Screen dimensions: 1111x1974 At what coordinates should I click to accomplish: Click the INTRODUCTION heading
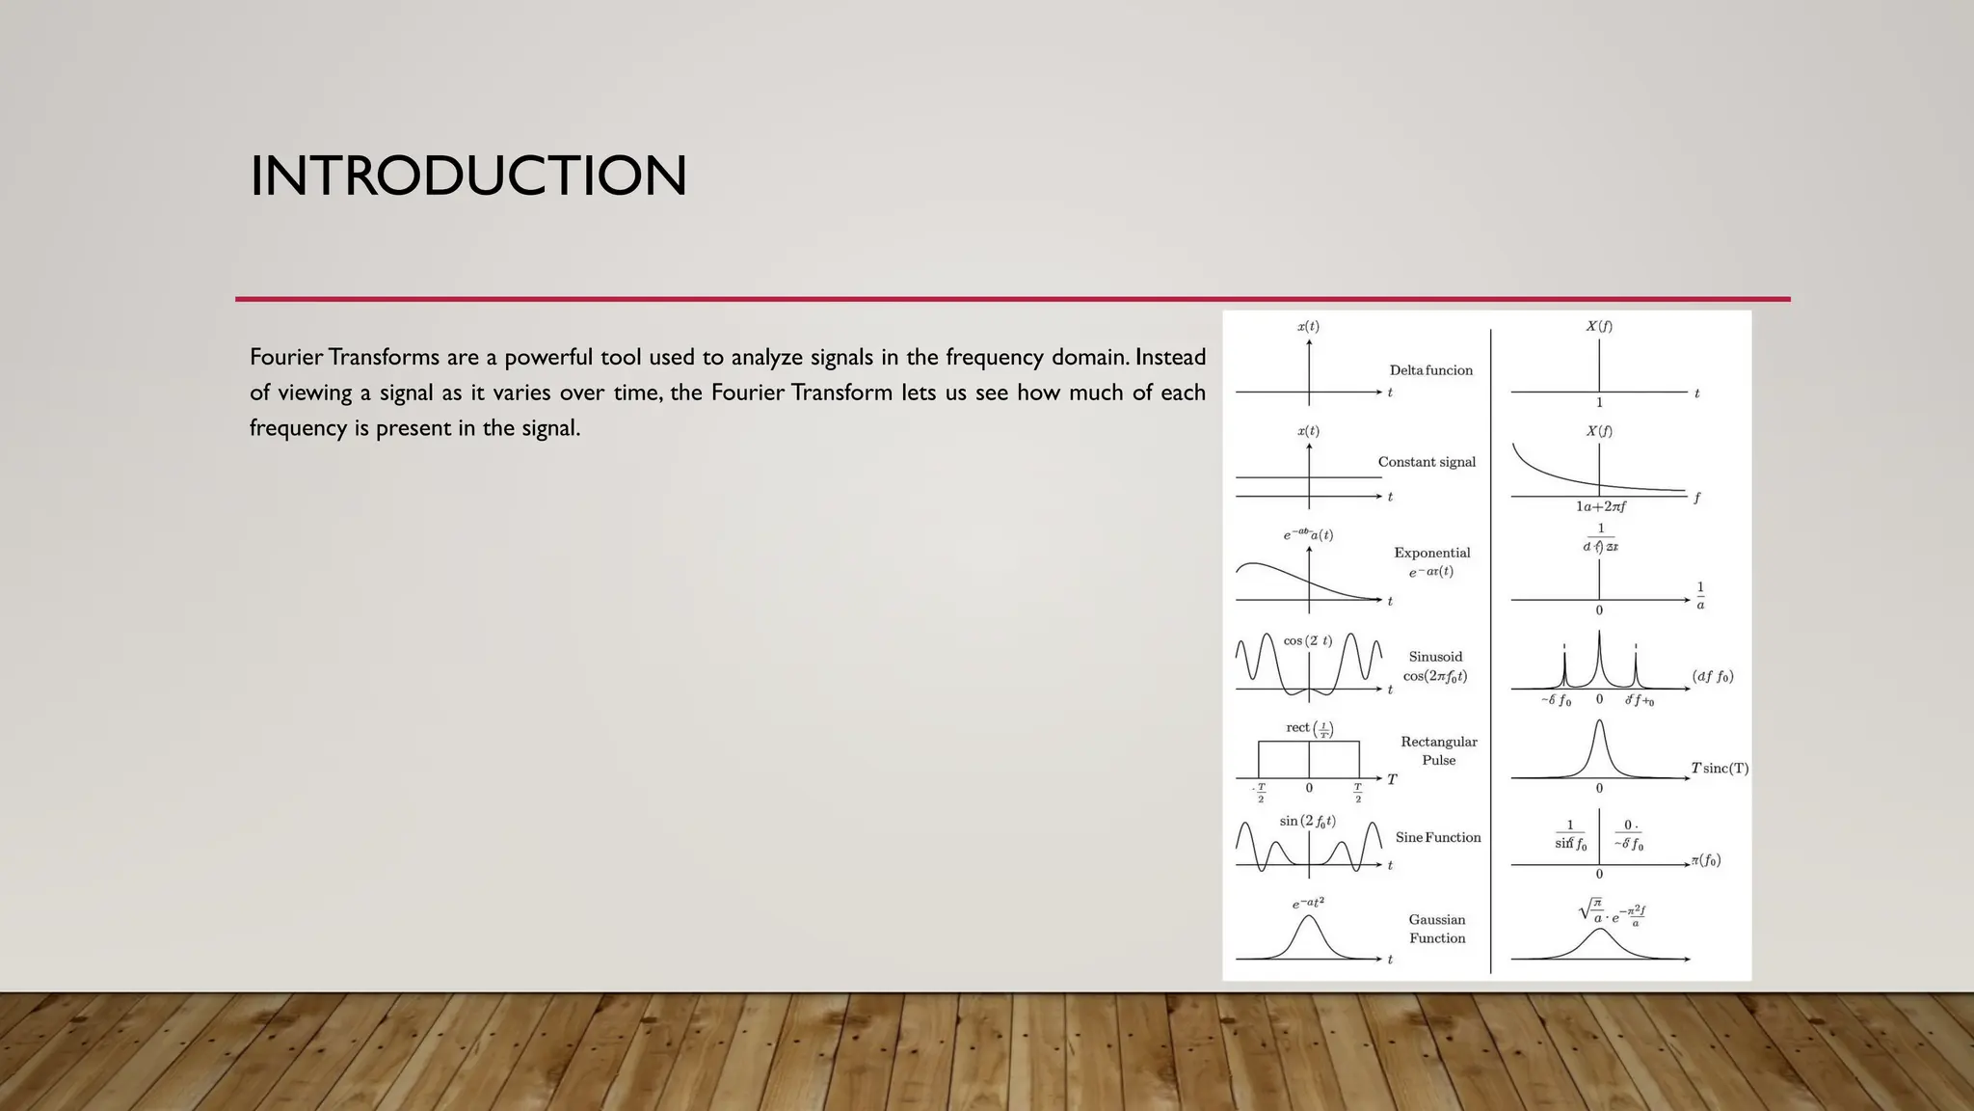(x=468, y=176)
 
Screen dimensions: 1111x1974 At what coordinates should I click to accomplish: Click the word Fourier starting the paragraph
(x=286, y=358)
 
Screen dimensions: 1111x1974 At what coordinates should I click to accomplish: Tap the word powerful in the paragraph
(x=547, y=358)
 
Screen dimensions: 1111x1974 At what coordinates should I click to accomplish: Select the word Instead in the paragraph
(x=1170, y=358)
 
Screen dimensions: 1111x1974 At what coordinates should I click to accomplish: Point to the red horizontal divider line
(x=1012, y=299)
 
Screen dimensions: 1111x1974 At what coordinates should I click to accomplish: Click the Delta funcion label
(x=1430, y=370)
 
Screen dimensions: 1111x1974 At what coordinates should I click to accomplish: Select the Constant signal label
(x=1427, y=462)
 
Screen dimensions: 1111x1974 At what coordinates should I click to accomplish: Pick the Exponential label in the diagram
(x=1431, y=553)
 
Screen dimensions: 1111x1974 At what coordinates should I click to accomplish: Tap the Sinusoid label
(x=1435, y=657)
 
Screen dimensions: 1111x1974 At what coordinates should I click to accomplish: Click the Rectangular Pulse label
(x=1438, y=750)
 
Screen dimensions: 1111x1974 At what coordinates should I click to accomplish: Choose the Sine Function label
(x=1438, y=837)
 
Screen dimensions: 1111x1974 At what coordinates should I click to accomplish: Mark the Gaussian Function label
(x=1436, y=929)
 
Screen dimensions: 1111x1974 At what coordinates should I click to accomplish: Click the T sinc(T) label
(x=1720, y=769)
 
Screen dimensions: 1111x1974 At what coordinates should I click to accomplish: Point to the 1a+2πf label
(x=1601, y=506)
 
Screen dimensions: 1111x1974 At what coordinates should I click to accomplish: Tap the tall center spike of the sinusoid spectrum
(x=1599, y=656)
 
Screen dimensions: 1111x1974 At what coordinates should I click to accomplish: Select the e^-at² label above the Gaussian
(x=1308, y=903)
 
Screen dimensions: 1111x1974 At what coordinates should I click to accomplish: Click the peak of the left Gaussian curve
(x=1308, y=917)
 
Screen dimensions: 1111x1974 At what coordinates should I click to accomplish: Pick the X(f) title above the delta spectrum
(x=1599, y=326)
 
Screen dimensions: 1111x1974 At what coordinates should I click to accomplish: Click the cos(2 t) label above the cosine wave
(x=1308, y=640)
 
